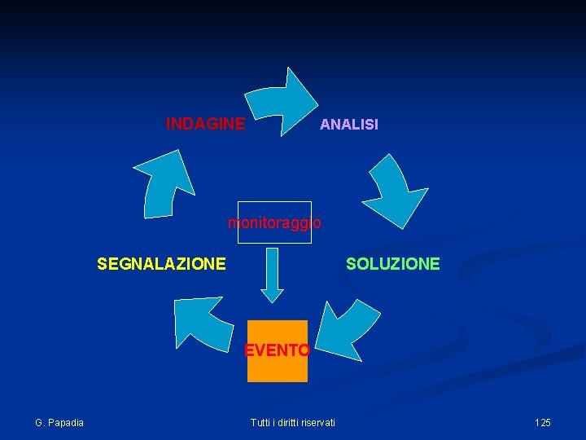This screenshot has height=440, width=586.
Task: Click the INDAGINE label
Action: (205, 124)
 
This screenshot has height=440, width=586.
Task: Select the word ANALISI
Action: (348, 125)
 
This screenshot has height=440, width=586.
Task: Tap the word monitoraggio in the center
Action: (274, 222)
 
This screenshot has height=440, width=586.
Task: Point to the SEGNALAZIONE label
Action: (161, 264)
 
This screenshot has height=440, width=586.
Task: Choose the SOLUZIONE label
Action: (392, 264)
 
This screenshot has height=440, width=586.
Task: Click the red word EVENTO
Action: (277, 351)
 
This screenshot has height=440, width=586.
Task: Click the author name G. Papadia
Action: (59, 422)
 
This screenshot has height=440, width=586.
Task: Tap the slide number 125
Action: (542, 422)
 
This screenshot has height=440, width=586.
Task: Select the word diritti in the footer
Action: (286, 422)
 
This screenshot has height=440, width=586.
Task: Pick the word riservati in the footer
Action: (317, 422)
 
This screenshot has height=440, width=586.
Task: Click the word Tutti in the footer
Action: (260, 422)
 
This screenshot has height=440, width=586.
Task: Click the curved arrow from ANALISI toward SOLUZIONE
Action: (394, 191)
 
